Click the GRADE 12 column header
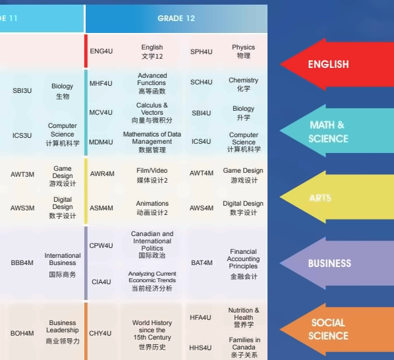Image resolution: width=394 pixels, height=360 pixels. [176, 18]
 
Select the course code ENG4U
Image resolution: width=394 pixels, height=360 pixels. [101, 51]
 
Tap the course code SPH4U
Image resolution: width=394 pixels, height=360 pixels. [201, 52]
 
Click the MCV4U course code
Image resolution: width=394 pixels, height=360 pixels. [101, 112]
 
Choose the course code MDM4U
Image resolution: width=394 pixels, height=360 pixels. [101, 142]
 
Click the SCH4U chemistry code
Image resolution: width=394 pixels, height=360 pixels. [201, 82]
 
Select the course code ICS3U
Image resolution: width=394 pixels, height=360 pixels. [22, 136]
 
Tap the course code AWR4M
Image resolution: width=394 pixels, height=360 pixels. [102, 173]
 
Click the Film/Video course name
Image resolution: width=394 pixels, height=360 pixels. [152, 171]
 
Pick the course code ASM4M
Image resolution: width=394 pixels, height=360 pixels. [101, 208]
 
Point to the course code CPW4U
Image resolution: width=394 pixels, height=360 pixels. [101, 246]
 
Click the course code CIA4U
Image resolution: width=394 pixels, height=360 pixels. [101, 282]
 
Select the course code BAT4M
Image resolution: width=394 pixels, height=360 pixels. [202, 263]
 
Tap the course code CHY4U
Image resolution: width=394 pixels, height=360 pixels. [100, 334]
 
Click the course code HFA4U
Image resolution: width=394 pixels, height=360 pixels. [200, 318]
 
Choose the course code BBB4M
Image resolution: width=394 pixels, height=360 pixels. [22, 263]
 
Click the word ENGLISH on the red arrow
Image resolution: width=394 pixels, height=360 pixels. [328, 65]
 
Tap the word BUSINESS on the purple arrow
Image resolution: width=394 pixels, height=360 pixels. [329, 264]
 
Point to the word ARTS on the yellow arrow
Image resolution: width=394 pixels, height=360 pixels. [320, 198]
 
